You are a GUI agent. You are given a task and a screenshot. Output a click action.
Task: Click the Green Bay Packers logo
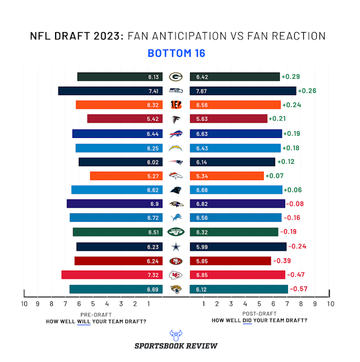coord(175,77)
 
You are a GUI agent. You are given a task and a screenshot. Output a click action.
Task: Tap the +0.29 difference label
coord(290,77)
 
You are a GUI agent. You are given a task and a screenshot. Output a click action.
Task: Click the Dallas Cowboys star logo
coord(175,247)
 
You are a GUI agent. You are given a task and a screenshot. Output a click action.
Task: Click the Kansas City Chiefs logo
coord(175,275)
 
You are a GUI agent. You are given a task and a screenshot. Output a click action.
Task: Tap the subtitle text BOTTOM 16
coord(176,53)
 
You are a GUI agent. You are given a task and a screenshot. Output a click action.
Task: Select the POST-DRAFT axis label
coord(259,314)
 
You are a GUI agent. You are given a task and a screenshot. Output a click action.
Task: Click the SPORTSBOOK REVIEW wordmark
coord(176,346)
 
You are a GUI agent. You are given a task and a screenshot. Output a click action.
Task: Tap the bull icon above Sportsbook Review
coord(175,333)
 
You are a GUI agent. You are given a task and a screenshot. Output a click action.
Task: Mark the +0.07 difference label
coord(274,176)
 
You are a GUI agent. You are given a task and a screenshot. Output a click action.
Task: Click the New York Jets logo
coord(175,232)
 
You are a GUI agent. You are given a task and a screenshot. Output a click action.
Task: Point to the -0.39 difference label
coord(281,261)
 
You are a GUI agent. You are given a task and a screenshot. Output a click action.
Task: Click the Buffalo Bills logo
coord(175,133)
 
